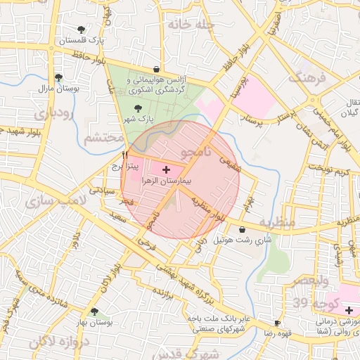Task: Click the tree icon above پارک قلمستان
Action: [82, 30]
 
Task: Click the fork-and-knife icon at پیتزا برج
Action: [124, 155]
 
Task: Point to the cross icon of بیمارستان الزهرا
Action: [166, 169]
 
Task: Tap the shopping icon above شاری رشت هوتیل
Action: [243, 229]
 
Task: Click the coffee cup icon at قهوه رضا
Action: [277, 323]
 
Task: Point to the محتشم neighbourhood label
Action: [102, 138]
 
